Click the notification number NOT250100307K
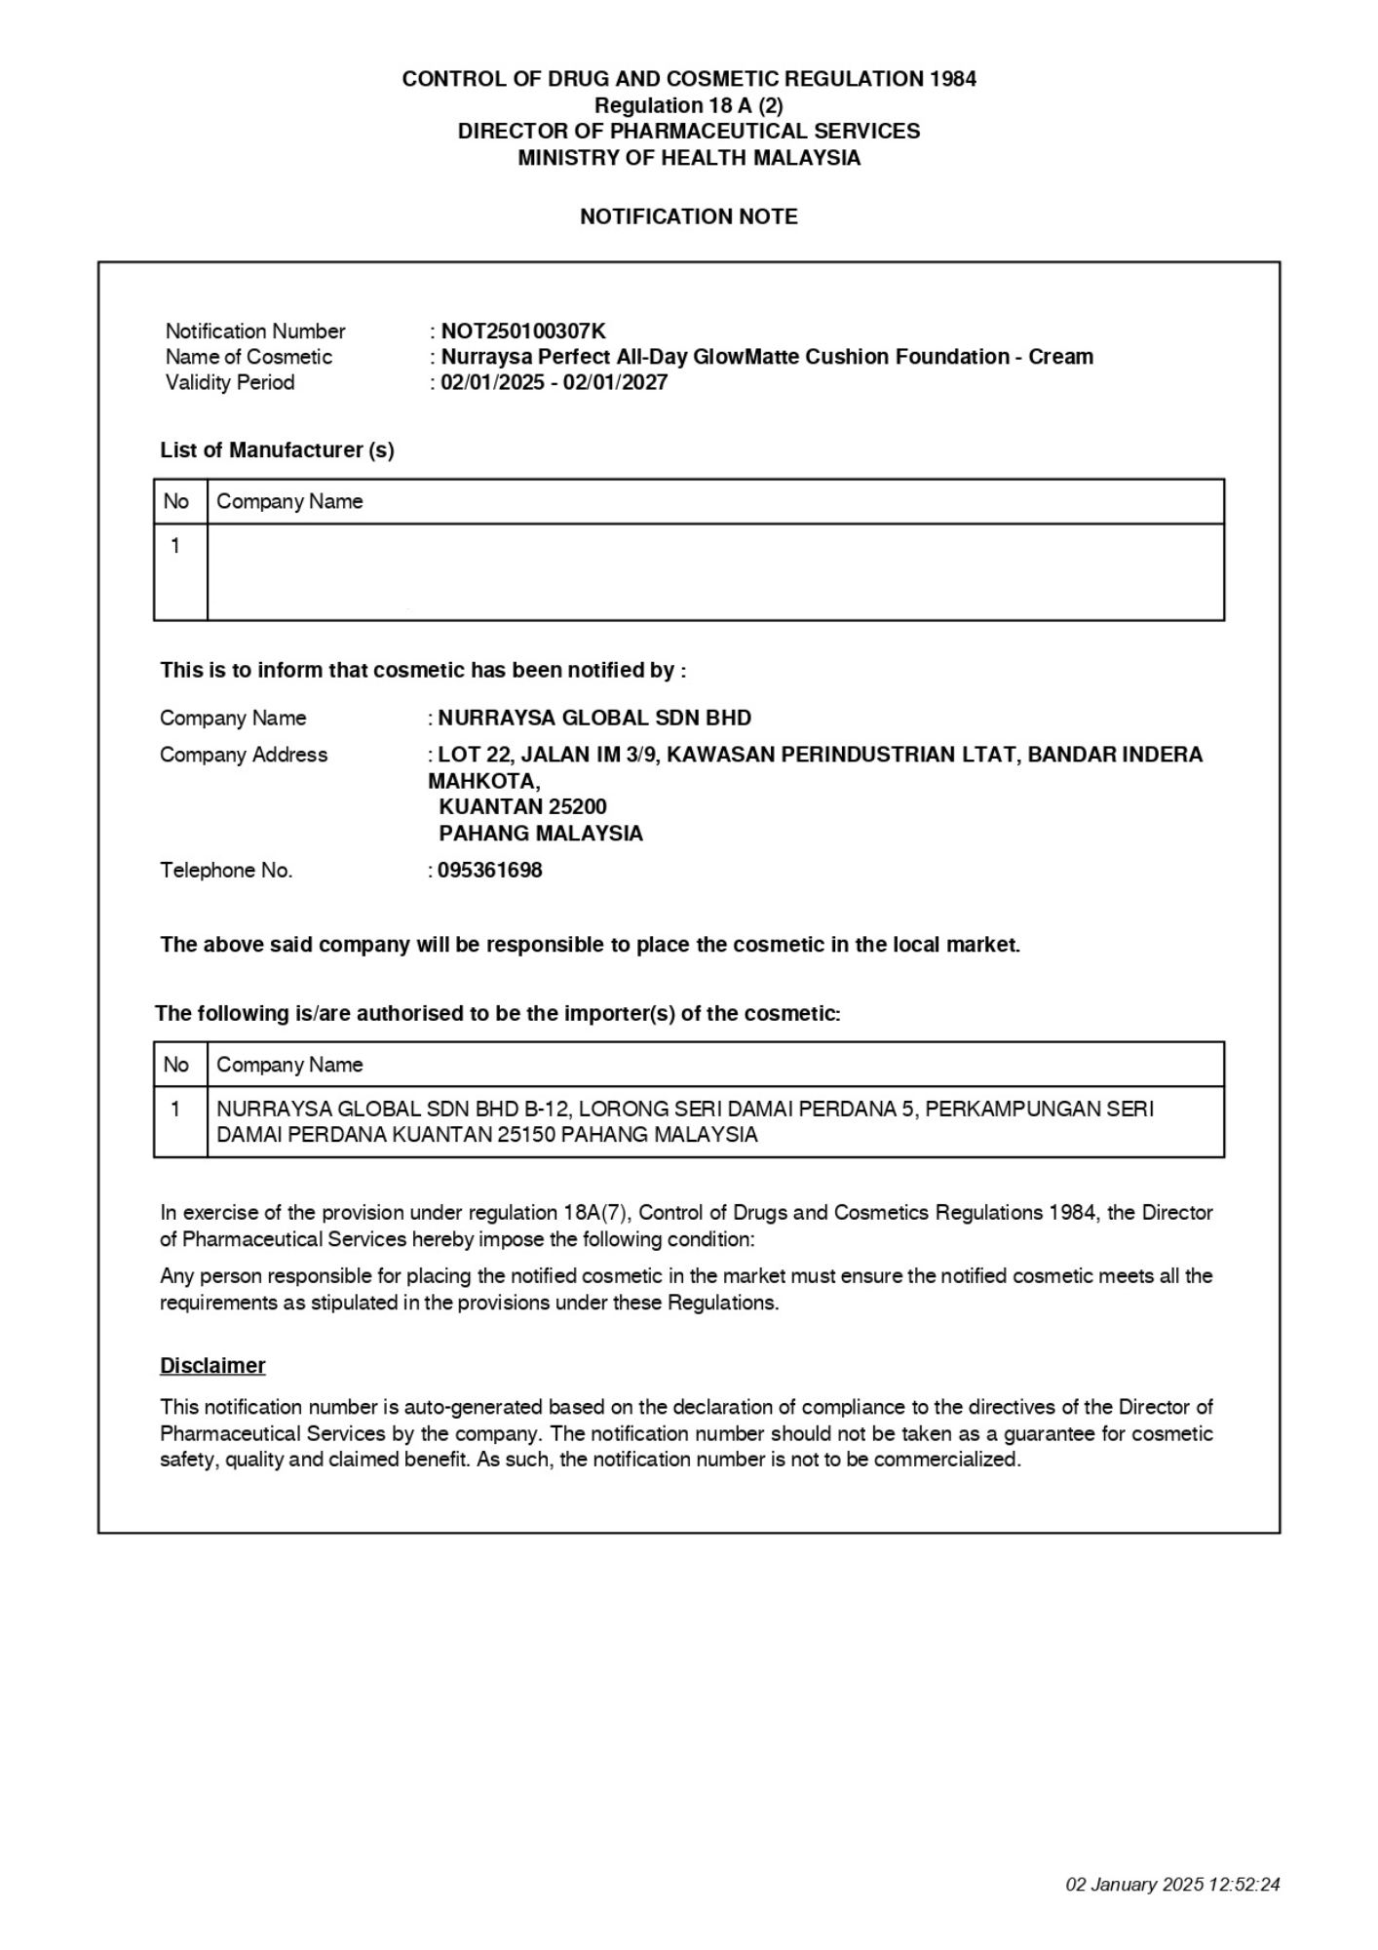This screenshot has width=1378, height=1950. pos(523,331)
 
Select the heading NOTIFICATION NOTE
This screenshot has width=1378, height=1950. pos(688,216)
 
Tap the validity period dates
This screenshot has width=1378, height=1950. pos(554,382)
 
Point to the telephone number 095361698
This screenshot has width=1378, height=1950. pos(489,870)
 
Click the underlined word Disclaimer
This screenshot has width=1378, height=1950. pos(212,1365)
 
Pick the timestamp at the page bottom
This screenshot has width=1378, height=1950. pos(1172,1884)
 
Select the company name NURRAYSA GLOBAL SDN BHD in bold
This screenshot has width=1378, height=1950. pos(594,718)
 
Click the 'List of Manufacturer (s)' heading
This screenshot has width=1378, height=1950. pos(277,450)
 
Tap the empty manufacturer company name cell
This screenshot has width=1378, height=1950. pos(715,571)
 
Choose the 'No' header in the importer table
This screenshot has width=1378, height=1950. pos(176,1065)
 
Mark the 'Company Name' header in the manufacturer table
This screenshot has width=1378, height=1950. pos(289,501)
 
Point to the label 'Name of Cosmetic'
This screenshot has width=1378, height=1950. pos(249,357)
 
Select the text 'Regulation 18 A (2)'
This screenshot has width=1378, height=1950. pos(688,105)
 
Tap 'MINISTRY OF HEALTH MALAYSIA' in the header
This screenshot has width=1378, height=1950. pos(688,158)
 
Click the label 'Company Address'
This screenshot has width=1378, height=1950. pos(244,755)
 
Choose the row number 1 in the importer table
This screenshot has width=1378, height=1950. pos(175,1109)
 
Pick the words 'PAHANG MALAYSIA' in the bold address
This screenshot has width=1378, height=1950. pos(541,834)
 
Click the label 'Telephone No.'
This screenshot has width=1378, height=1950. pos(226,870)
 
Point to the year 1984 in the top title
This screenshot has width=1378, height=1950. pos(952,79)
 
